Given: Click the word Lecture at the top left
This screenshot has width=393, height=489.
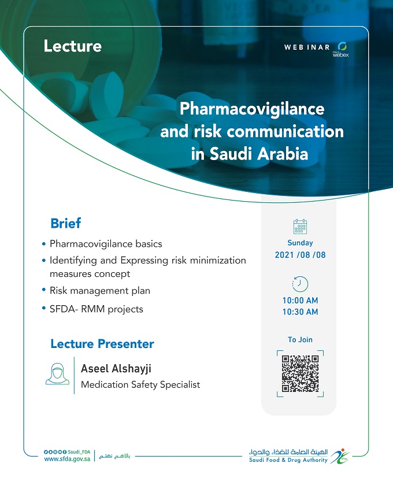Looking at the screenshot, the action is coord(73,46).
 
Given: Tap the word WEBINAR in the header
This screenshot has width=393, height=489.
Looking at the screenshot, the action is coord(307,47).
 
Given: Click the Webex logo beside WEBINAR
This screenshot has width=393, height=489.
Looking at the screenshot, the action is coord(341,50).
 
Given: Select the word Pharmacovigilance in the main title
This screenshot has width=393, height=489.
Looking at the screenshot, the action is coord(252,109).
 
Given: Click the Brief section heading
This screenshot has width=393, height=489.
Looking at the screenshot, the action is coord(66,223).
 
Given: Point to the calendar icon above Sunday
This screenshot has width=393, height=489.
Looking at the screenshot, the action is coord(300,227).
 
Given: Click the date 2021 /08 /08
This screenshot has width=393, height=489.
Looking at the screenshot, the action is coord(300,255).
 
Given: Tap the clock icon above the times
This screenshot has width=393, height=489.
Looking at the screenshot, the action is coord(300,284).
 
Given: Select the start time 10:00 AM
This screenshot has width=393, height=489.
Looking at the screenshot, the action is coord(300,301).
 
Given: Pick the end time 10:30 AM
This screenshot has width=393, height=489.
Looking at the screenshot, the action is coord(300,312).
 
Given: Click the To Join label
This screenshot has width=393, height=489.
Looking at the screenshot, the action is coord(300,340).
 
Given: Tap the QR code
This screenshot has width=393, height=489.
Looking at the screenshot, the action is coord(300,373).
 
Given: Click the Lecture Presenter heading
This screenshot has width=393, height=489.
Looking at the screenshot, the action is coord(102,344).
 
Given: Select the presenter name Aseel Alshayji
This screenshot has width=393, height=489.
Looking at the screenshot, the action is coord(116,369).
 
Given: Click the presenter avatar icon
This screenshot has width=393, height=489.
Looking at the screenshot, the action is coord(57,373).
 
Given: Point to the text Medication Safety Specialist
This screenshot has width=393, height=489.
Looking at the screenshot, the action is coord(140,385).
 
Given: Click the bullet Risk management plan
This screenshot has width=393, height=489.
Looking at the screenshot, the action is coord(100,291).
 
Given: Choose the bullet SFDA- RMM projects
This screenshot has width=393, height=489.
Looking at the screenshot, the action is coord(97,309).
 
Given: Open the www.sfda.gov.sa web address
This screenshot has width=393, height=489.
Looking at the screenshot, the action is coord(67,459).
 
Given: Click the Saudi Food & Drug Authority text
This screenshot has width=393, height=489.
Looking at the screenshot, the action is coord(288,460).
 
